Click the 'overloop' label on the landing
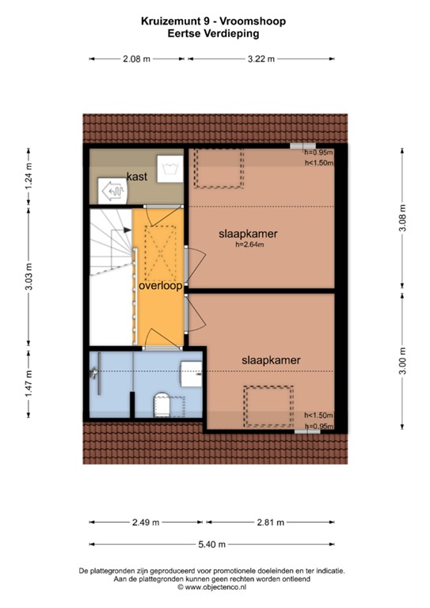[x=161, y=285]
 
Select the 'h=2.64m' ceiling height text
[x=249, y=245]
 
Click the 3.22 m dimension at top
[x=261, y=59]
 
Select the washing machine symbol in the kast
[x=169, y=166]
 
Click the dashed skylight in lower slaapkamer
[x=268, y=405]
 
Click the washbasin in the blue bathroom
[x=191, y=373]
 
